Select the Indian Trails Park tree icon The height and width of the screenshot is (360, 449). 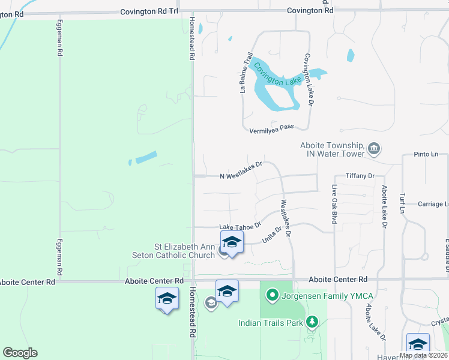pos(312,323)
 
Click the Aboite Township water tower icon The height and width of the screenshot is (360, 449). pos(374,148)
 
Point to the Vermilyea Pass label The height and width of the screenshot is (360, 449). pos(271,128)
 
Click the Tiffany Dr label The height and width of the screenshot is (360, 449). pos(360,176)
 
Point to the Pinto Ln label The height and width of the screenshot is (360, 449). pos(426,154)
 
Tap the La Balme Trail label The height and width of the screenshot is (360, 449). pos(246,73)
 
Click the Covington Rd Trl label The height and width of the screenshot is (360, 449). pos(149,11)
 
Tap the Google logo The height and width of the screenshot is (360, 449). pos(20,353)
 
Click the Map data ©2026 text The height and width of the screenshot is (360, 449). pos(424,355)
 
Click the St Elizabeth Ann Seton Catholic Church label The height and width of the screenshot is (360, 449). pos(185,251)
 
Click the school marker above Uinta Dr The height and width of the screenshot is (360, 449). pos(232,243)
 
